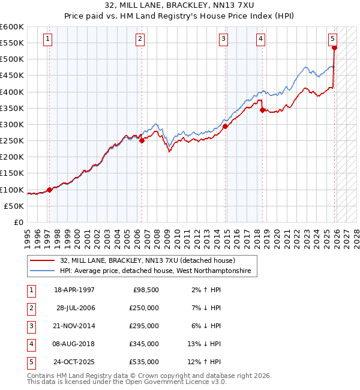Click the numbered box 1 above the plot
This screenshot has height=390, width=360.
coord(47,40)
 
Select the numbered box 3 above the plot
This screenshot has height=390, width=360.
coord(223,40)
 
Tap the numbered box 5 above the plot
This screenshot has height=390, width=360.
coord(332,40)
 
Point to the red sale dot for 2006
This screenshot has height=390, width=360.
coord(142,141)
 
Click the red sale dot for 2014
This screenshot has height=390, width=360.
coord(225,126)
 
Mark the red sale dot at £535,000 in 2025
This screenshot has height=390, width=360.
coord(334,49)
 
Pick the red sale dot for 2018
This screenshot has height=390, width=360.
coord(262,110)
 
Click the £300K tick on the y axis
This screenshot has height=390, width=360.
coord(12,124)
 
